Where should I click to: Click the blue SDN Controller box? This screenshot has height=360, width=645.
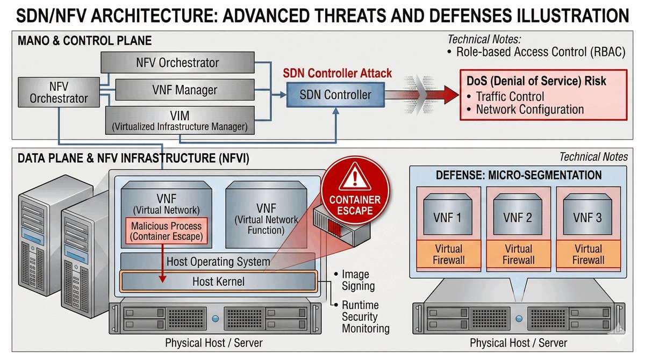coord(335,96)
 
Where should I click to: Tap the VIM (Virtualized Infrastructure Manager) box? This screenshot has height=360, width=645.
coord(179,120)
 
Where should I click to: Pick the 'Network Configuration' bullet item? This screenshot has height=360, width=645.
coord(529,110)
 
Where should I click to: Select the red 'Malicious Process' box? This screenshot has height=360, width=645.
coord(167,231)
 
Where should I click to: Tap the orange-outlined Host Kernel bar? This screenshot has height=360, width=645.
coord(218,281)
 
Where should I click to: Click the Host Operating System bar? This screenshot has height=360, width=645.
coord(218,262)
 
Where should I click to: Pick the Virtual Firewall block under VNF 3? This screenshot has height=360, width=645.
coord(588,254)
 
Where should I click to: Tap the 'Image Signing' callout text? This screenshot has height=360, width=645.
coord(358,280)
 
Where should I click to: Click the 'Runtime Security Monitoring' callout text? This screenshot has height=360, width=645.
coord(365,317)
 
